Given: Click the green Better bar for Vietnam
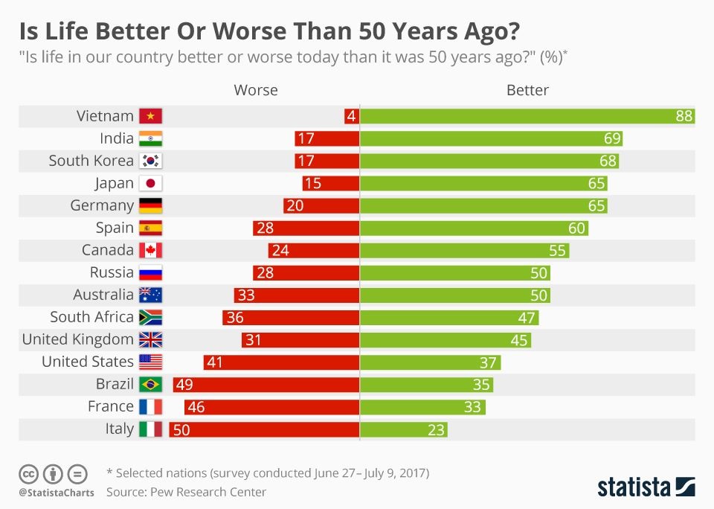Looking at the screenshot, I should [527, 116].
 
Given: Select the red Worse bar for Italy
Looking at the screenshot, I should [264, 429].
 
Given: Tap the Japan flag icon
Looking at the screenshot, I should [150, 183].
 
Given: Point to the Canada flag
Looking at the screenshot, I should [150, 250].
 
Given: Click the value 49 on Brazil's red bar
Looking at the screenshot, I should [184, 385].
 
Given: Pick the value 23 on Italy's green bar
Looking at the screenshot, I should [437, 429].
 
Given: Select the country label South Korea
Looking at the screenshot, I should [91, 161].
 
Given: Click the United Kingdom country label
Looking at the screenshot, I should [77, 339].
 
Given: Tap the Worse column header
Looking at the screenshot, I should [256, 90].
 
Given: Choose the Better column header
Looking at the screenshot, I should [527, 90].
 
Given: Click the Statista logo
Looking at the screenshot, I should [646, 487].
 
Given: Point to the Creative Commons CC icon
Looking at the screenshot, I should [28, 473].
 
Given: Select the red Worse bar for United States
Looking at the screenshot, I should [281, 362].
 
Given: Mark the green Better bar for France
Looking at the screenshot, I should [422, 407].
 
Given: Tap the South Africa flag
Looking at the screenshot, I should [150, 317].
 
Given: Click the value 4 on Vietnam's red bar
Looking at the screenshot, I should [351, 116].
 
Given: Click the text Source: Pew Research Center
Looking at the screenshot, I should [186, 492].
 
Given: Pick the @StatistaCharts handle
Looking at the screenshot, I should [57, 493].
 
